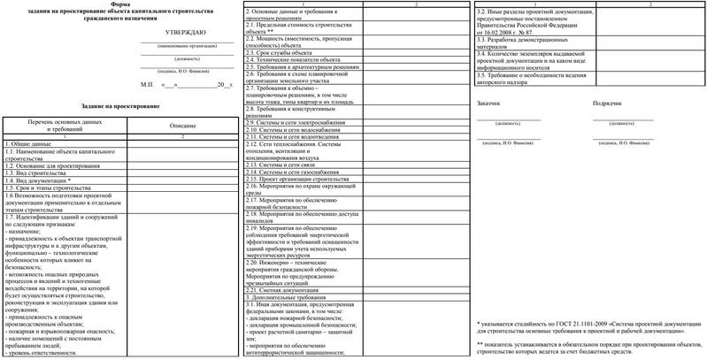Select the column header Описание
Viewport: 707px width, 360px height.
click(x=182, y=127)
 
